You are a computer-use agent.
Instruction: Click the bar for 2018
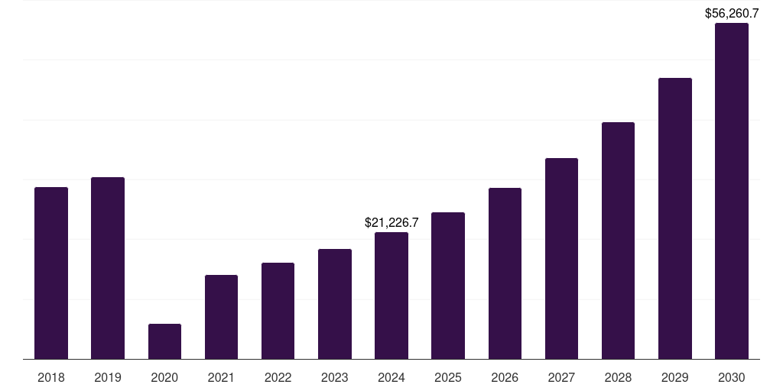51,273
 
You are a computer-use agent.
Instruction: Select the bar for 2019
108,268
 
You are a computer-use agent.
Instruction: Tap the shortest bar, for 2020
164,341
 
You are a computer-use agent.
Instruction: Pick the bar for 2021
221,317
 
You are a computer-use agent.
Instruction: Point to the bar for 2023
335,304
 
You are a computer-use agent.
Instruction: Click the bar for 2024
391,296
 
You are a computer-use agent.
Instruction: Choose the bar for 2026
505,273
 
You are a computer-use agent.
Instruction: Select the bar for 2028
618,241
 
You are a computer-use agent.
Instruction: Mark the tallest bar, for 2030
732,191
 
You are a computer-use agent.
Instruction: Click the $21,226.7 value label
391,223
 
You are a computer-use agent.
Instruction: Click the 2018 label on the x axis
51,377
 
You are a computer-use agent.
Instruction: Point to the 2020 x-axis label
164,377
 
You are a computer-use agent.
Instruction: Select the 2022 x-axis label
278,377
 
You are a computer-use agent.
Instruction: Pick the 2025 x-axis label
448,377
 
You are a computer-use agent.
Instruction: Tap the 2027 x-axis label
561,377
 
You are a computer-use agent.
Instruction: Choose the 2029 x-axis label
674,377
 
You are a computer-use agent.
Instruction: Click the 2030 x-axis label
732,377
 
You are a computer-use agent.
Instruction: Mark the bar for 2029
675,218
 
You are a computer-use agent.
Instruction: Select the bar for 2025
448,286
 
